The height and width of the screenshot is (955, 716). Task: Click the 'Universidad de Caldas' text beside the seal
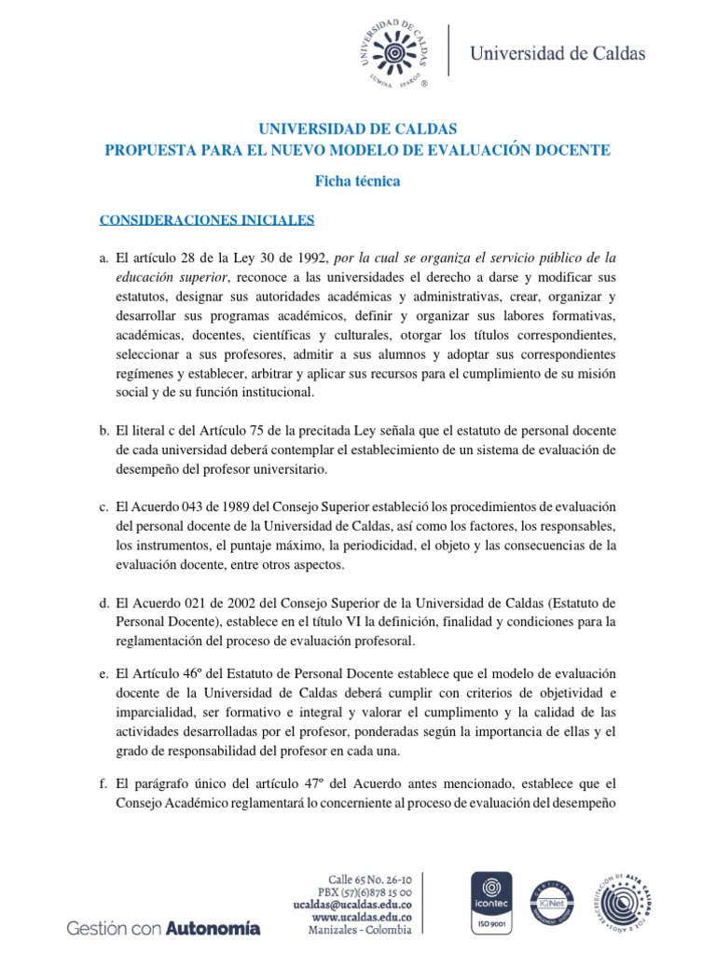coord(558,53)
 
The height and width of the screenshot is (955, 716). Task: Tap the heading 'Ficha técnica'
coord(357,181)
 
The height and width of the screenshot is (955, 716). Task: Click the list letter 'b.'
coord(104,428)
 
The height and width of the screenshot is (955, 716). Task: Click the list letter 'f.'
coord(104,785)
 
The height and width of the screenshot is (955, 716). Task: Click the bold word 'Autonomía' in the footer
coord(213,928)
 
